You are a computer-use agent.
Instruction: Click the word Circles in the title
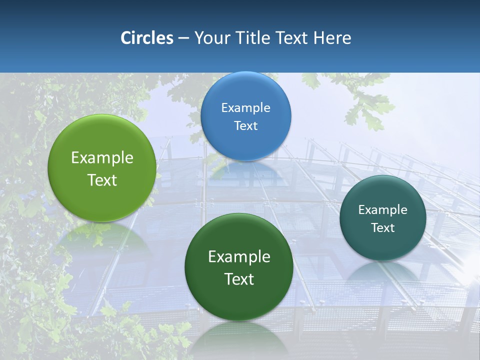[147, 38]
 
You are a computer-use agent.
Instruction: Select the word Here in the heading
[333, 38]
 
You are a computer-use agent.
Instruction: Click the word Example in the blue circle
[245, 107]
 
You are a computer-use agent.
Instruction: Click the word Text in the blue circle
[245, 125]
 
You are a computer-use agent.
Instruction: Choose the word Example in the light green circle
[102, 158]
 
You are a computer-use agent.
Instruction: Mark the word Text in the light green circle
[102, 180]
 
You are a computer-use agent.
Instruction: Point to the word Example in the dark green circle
[239, 257]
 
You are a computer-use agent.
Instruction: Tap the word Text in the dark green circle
[239, 279]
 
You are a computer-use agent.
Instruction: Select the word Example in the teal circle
[383, 209]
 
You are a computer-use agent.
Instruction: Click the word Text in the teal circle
[383, 227]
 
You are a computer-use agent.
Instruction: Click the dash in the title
[183, 38]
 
